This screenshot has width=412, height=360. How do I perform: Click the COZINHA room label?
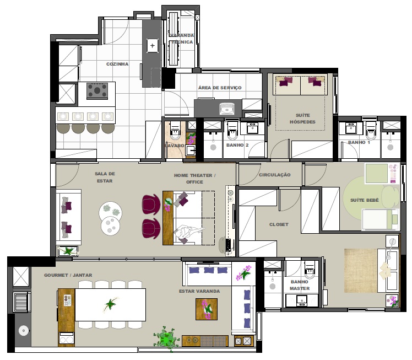[x=117, y=64]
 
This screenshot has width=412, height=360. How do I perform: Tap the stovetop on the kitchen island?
[x=97, y=90]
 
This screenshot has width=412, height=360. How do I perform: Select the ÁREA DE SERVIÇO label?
[x=220, y=88]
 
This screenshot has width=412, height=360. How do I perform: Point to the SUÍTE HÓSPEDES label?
[x=302, y=119]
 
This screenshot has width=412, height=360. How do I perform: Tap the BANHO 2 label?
[x=237, y=145]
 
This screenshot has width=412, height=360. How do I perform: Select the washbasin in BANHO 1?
[x=351, y=128]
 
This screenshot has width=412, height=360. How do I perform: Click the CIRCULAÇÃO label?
[x=275, y=175]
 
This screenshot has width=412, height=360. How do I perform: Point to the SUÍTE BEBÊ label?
[x=365, y=200]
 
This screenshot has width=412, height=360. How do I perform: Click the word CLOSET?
[x=279, y=224]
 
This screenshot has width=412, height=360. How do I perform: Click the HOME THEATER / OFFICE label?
[x=194, y=179]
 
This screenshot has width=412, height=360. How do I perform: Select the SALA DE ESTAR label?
[x=105, y=177]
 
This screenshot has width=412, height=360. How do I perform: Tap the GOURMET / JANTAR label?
[x=68, y=275]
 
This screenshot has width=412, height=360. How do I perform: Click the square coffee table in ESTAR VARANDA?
[x=207, y=309]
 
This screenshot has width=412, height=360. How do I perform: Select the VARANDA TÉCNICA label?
[x=182, y=39]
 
